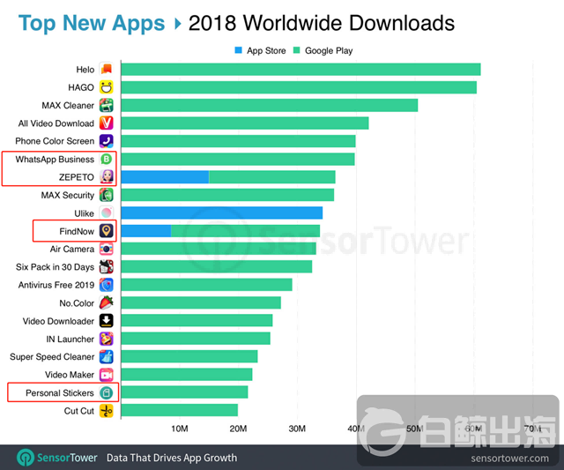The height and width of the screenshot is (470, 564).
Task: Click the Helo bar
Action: pos(300,69)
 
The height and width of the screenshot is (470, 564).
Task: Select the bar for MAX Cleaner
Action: pos(269,105)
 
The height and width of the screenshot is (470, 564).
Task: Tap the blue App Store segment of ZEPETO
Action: pos(164,177)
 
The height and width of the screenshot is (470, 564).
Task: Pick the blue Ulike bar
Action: pos(221,213)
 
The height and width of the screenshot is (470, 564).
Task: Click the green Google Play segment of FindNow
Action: pos(245,231)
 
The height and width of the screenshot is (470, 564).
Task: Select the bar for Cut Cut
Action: pos(179,410)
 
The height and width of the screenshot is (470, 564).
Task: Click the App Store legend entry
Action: pos(260,50)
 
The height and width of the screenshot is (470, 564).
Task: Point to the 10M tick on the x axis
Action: pos(179,429)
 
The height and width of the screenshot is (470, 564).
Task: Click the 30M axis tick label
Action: pos(297,429)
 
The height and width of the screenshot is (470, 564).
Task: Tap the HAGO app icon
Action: pos(107,86)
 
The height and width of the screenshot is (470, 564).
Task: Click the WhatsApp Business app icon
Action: pos(107,159)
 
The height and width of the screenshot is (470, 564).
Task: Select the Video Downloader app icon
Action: pos(107,321)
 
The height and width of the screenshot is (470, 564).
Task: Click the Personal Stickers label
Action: pos(60,392)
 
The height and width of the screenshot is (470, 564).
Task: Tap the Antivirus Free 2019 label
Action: pos(56,285)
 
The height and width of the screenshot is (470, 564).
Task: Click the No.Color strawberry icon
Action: pos(107,302)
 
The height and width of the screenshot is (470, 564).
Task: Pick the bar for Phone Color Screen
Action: pos(238,141)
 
